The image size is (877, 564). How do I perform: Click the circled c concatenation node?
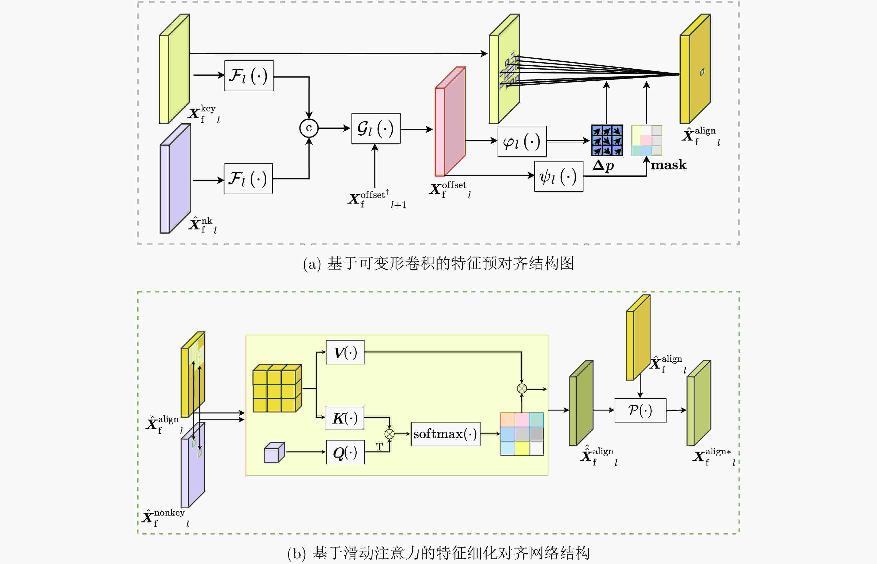309,128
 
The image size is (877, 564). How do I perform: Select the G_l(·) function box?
376,129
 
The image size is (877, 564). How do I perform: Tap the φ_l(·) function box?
522,141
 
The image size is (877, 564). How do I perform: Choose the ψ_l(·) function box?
558,176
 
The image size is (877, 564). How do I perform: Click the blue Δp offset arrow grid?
607,140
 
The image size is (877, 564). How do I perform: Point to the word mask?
668,165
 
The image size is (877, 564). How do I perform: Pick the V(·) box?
345,352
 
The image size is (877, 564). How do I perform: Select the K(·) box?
345,418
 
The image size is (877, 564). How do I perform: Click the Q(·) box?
345,452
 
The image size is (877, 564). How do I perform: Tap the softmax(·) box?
446,434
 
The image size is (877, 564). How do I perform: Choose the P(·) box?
640,410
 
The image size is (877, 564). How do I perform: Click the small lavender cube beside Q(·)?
274,452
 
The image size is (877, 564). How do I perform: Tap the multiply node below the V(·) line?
522,389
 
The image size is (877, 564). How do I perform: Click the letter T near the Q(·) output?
379,447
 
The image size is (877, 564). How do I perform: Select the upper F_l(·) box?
249,76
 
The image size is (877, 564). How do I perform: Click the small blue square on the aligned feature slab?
702,72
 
